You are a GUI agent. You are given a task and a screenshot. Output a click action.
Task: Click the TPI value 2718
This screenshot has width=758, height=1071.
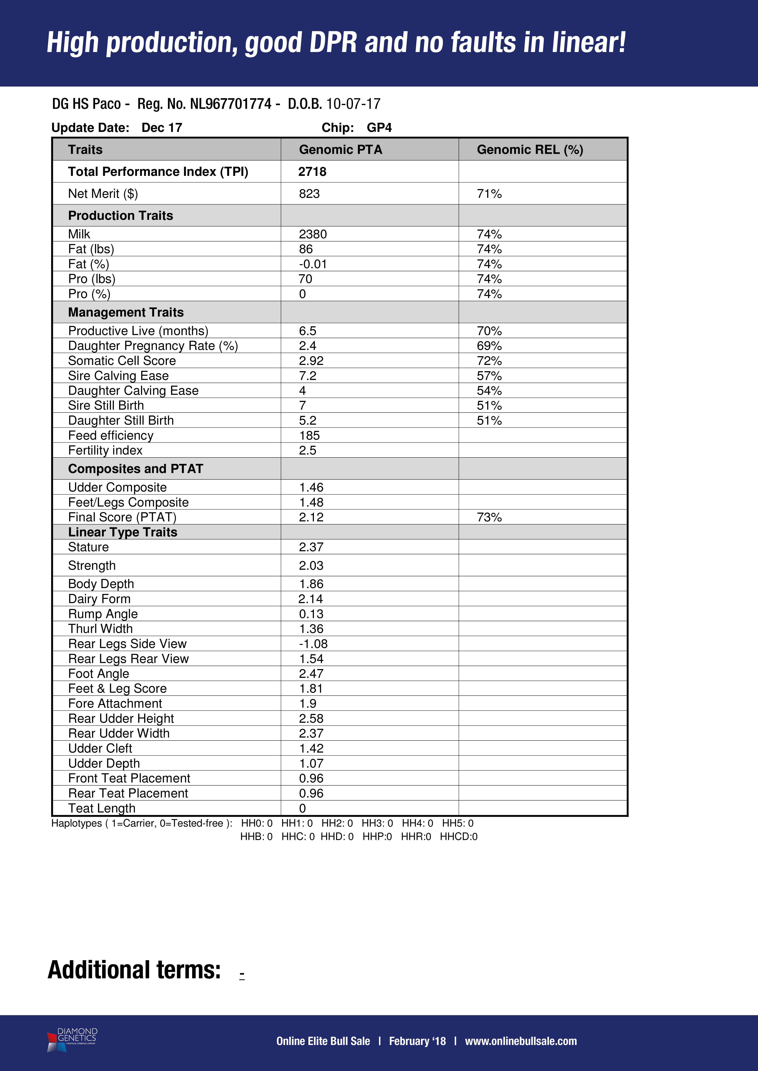point(312,172)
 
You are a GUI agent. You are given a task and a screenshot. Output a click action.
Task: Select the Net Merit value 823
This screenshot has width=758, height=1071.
point(309,194)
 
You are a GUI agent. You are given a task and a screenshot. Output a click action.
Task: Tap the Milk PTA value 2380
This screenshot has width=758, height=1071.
point(313,234)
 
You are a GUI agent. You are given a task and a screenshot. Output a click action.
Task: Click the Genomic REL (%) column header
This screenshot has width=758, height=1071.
point(530,150)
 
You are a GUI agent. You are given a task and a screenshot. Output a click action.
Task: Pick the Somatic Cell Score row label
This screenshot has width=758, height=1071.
point(122,361)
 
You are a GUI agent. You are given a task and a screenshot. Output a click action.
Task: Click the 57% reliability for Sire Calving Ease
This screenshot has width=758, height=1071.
point(489,376)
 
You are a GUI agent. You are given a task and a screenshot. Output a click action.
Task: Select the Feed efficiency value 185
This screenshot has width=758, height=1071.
point(309,436)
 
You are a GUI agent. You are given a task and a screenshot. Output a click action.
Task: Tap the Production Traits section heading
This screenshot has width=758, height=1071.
point(120,215)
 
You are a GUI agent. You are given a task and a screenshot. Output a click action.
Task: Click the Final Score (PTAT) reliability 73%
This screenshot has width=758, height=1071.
point(489,517)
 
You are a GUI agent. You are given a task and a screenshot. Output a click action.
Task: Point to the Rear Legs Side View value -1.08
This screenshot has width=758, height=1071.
point(313,644)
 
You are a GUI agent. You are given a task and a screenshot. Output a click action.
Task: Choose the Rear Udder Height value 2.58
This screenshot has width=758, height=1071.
point(311,718)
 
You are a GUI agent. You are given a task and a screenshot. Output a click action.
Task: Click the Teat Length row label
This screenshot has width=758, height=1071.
point(102,808)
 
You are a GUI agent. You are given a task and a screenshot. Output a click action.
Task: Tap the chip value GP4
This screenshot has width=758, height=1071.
point(379,128)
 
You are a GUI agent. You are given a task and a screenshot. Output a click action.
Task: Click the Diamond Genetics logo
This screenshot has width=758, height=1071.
point(72,1040)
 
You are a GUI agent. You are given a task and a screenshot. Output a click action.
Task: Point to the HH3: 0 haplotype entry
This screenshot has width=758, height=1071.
point(377,823)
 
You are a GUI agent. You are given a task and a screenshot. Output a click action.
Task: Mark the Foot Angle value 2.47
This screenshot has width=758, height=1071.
point(311,674)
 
